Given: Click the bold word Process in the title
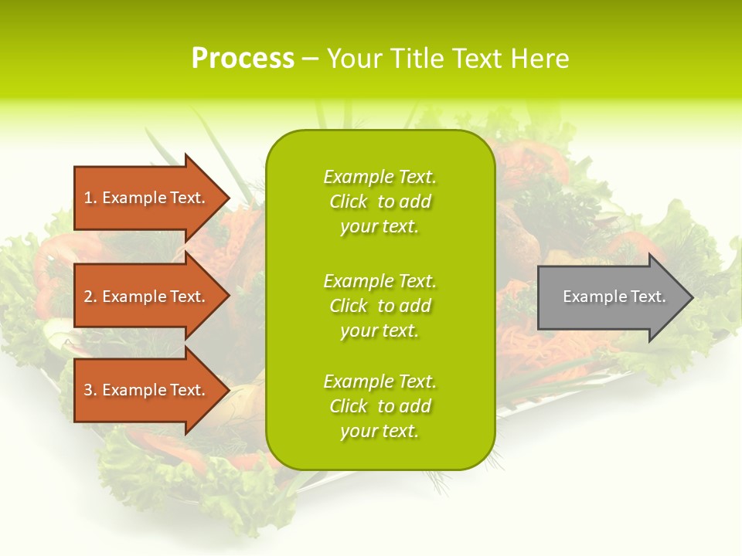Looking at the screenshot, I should click(x=243, y=59).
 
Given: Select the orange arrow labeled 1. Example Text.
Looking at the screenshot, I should click(x=145, y=198).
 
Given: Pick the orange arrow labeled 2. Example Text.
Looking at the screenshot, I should click(x=145, y=297).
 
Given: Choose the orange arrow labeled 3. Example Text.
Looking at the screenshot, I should click(x=145, y=390).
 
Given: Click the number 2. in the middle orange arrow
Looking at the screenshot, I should click(x=90, y=297).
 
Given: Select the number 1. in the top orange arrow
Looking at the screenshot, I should click(x=90, y=198).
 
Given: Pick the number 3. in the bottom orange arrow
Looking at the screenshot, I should click(x=90, y=390).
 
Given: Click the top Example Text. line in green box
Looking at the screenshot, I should click(x=380, y=177).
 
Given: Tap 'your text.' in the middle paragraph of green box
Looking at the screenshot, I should click(x=380, y=331).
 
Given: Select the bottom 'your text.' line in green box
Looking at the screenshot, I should click(x=380, y=431).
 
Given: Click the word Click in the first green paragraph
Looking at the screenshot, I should click(x=349, y=202).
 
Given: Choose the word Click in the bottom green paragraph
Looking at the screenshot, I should click(x=349, y=406).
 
